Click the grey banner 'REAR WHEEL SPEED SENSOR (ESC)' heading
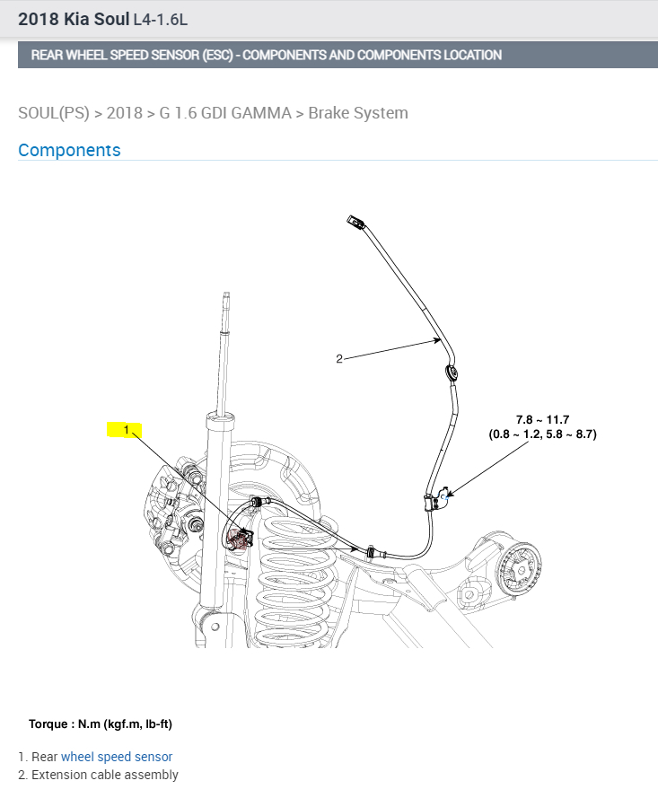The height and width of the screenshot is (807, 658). [266, 55]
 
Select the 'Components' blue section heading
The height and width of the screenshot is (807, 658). [69, 150]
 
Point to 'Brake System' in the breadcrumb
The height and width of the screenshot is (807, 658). [358, 113]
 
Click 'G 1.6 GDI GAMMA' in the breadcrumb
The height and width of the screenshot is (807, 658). [225, 113]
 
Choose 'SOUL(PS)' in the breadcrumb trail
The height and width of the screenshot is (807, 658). [54, 113]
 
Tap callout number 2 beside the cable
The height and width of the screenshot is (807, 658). [339, 359]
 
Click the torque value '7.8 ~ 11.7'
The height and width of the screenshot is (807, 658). [542, 419]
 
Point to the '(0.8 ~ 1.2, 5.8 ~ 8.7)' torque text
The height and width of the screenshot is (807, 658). [542, 434]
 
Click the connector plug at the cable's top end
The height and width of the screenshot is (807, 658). [354, 221]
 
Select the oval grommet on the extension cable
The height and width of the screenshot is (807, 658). [452, 372]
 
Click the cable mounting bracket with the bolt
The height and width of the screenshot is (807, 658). [438, 500]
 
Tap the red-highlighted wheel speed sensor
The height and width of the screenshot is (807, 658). [241, 538]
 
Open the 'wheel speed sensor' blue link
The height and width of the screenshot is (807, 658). [117, 757]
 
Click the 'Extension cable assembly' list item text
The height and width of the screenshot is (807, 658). [105, 775]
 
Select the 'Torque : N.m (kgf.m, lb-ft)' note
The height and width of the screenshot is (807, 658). [100, 724]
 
